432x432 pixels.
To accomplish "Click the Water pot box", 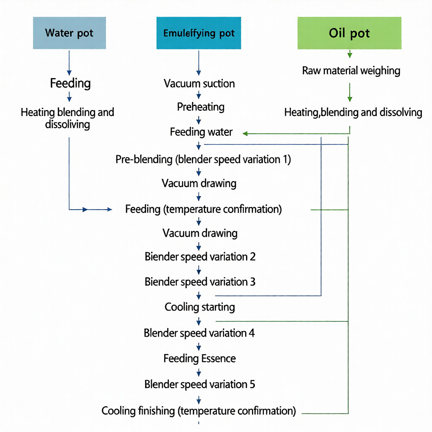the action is tap(70, 33).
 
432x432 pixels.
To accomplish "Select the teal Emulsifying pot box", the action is tap(199, 33).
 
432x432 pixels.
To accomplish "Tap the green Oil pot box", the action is tap(349, 33).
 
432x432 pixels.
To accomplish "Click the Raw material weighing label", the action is tap(351, 71).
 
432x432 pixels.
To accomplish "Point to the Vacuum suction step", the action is tap(199, 84).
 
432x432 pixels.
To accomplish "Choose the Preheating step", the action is tap(200, 107).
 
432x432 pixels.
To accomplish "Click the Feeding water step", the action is tap(201, 132).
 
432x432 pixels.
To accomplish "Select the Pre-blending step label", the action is tap(203, 159).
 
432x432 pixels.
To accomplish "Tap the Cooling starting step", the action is tap(200, 307).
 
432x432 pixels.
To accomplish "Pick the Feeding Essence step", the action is tap(200, 359).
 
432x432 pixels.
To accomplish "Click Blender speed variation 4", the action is tap(199, 333).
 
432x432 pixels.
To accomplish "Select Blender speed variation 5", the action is tap(200, 384).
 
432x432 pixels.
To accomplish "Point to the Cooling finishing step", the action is tap(199, 411).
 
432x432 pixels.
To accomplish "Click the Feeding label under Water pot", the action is tap(70, 83).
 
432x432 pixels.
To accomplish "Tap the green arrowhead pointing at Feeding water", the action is tap(245, 134).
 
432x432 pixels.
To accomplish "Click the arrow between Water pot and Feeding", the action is tap(69, 63).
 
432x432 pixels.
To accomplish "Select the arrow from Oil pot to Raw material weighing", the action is tap(350, 54).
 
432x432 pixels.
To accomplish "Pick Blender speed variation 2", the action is tap(200, 257).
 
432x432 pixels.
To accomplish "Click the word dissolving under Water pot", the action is tap(67, 124).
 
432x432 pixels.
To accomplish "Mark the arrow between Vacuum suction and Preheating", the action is tap(199, 95).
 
